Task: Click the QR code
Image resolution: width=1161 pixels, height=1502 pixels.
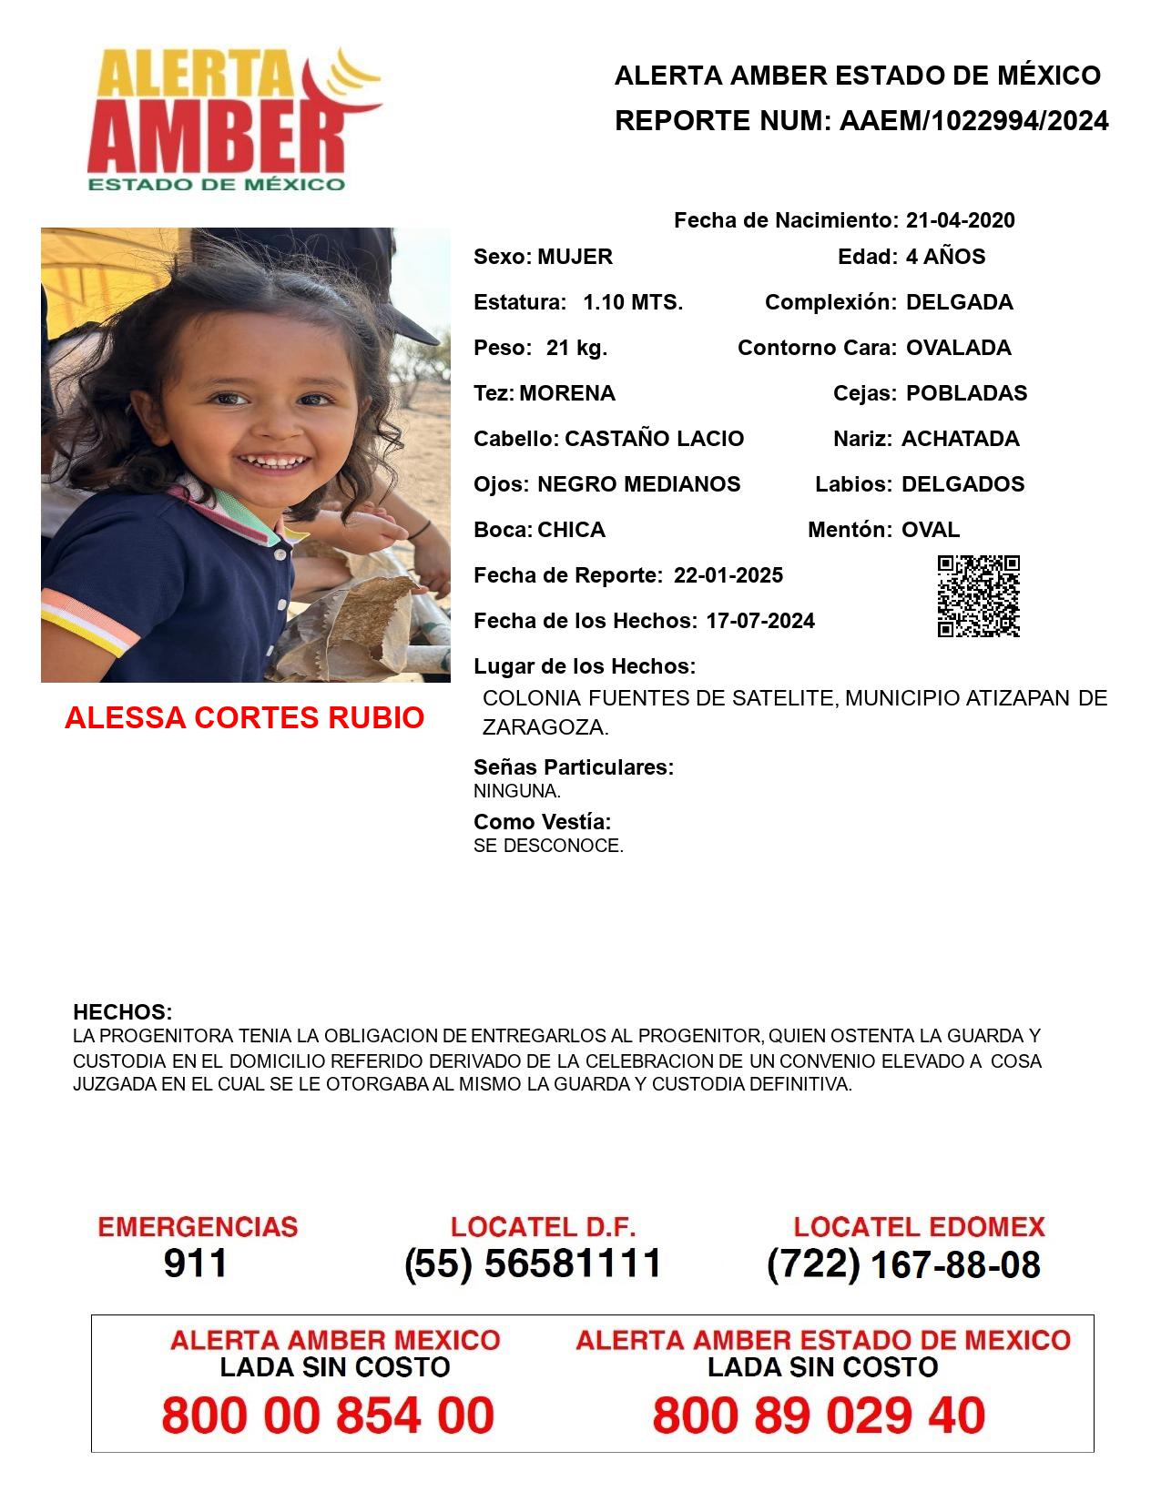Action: (979, 596)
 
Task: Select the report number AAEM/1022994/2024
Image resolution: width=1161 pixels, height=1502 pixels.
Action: (973, 120)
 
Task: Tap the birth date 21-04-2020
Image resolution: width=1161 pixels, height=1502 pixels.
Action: (961, 220)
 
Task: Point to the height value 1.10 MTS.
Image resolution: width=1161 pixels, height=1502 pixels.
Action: (633, 302)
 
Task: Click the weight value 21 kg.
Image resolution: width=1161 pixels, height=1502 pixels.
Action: (576, 348)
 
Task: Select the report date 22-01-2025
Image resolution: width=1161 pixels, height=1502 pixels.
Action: (728, 575)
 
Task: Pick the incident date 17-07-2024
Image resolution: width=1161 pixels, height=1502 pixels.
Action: (760, 621)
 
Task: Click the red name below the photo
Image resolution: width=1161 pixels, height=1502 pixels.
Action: (244, 718)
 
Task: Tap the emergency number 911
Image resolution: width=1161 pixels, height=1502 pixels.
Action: (196, 1264)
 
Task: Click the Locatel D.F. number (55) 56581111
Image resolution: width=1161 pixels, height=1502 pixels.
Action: (533, 1264)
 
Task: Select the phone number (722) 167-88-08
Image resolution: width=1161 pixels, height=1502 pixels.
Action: (903, 1264)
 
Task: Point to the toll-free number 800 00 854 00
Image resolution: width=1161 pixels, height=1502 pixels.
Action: (328, 1416)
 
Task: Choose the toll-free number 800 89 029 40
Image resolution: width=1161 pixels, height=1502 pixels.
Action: (819, 1416)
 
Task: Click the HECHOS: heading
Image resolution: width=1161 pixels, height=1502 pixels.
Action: (122, 1012)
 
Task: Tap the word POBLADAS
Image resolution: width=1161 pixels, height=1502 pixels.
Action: (966, 393)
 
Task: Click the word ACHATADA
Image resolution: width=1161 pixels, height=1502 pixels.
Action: (960, 439)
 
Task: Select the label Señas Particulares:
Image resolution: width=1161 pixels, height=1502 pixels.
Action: (574, 767)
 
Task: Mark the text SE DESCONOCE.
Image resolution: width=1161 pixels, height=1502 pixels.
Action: (548, 846)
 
